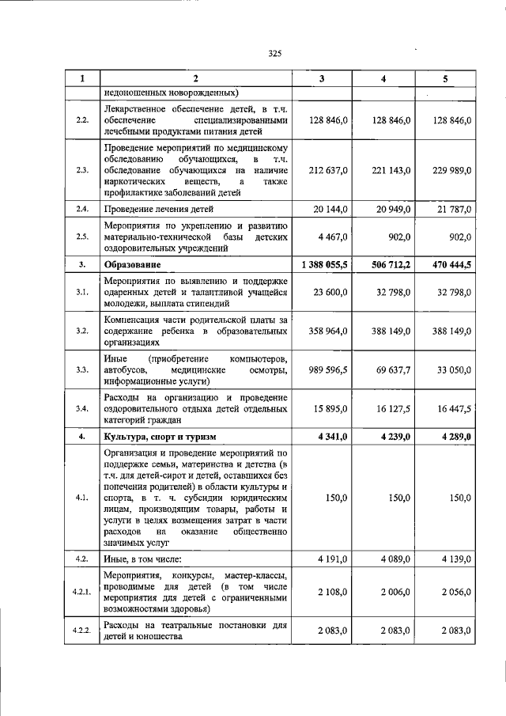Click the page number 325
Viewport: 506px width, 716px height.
274,54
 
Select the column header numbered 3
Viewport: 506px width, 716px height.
321,78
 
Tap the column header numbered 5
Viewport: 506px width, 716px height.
445,78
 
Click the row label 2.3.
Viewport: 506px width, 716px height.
82,170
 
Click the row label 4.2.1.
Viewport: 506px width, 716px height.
82,592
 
